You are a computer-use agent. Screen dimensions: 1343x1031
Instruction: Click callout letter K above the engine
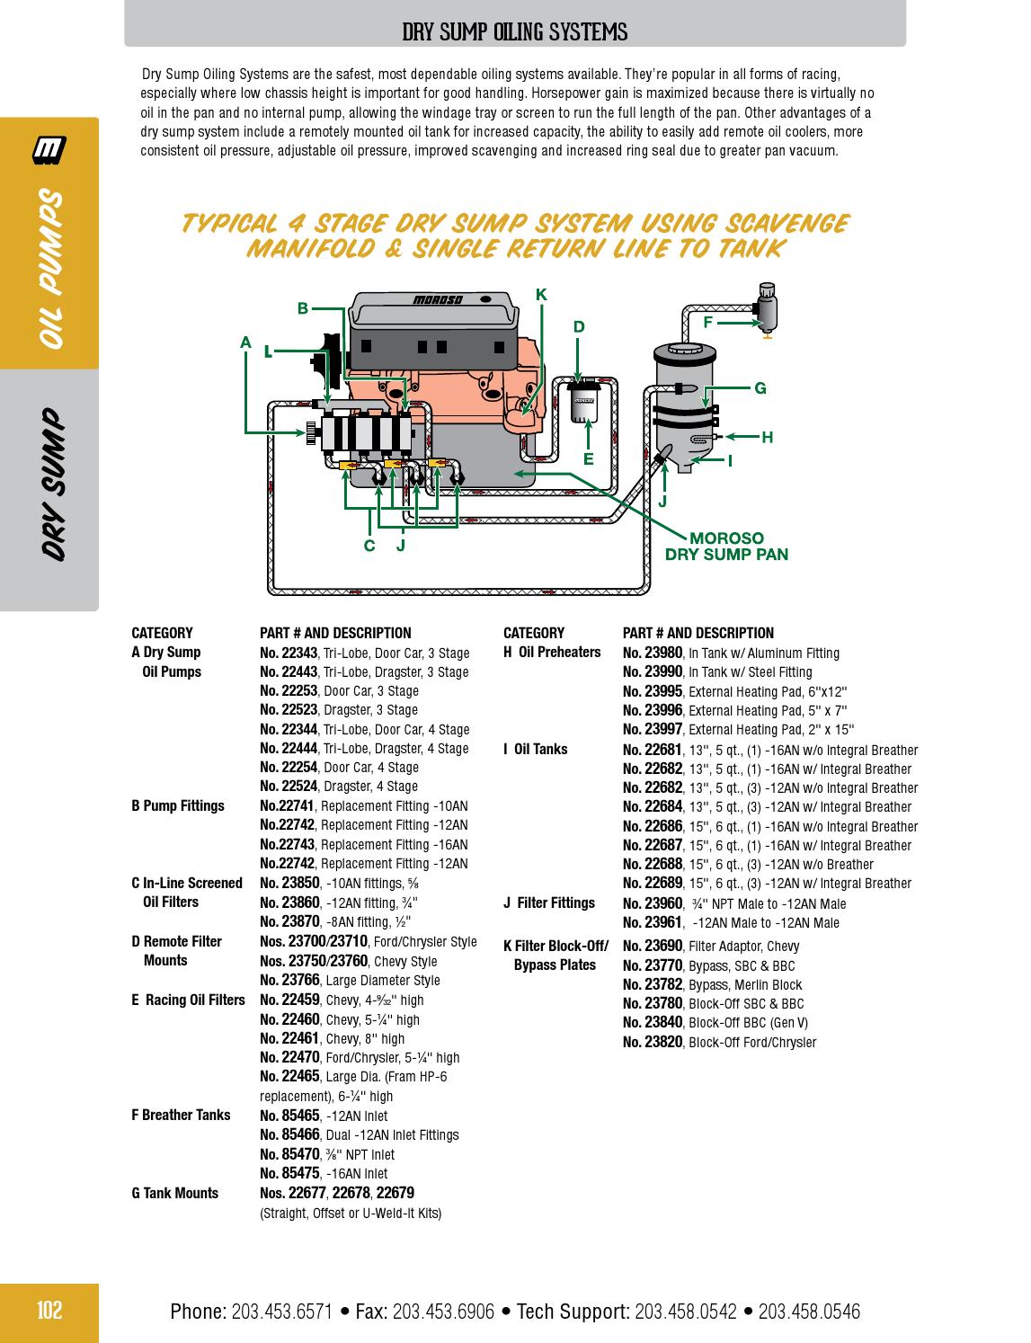(x=541, y=295)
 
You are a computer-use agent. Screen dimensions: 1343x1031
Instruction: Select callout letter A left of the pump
(x=245, y=342)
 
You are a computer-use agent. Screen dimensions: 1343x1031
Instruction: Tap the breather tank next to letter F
(x=767, y=306)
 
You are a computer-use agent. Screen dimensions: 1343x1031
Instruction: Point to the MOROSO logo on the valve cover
(x=438, y=300)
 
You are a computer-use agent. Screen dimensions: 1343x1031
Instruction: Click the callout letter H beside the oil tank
(x=767, y=438)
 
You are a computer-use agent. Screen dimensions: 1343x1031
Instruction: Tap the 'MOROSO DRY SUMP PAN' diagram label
(x=726, y=547)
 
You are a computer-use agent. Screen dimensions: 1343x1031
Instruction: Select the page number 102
(x=49, y=1310)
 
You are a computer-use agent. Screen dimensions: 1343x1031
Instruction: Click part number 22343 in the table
(x=298, y=653)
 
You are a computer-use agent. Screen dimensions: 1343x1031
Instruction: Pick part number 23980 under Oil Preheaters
(x=662, y=653)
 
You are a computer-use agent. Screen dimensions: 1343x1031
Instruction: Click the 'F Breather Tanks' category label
(x=181, y=1116)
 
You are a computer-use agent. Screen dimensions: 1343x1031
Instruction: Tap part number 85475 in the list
(x=300, y=1173)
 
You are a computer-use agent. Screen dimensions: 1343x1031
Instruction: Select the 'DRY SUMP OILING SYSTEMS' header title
(x=514, y=33)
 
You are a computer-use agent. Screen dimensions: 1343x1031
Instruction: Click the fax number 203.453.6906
(x=443, y=1312)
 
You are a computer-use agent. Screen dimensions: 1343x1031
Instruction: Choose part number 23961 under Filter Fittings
(x=662, y=922)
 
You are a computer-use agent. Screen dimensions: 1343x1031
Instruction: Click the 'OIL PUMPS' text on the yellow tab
(x=51, y=269)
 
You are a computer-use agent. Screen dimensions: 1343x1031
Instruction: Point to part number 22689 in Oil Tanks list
(x=662, y=884)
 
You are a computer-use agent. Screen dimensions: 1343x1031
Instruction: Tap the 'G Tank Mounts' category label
(x=175, y=1194)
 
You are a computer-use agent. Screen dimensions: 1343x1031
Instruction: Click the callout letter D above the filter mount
(x=579, y=327)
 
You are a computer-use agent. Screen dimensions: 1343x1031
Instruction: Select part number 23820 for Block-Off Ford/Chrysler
(x=662, y=1042)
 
